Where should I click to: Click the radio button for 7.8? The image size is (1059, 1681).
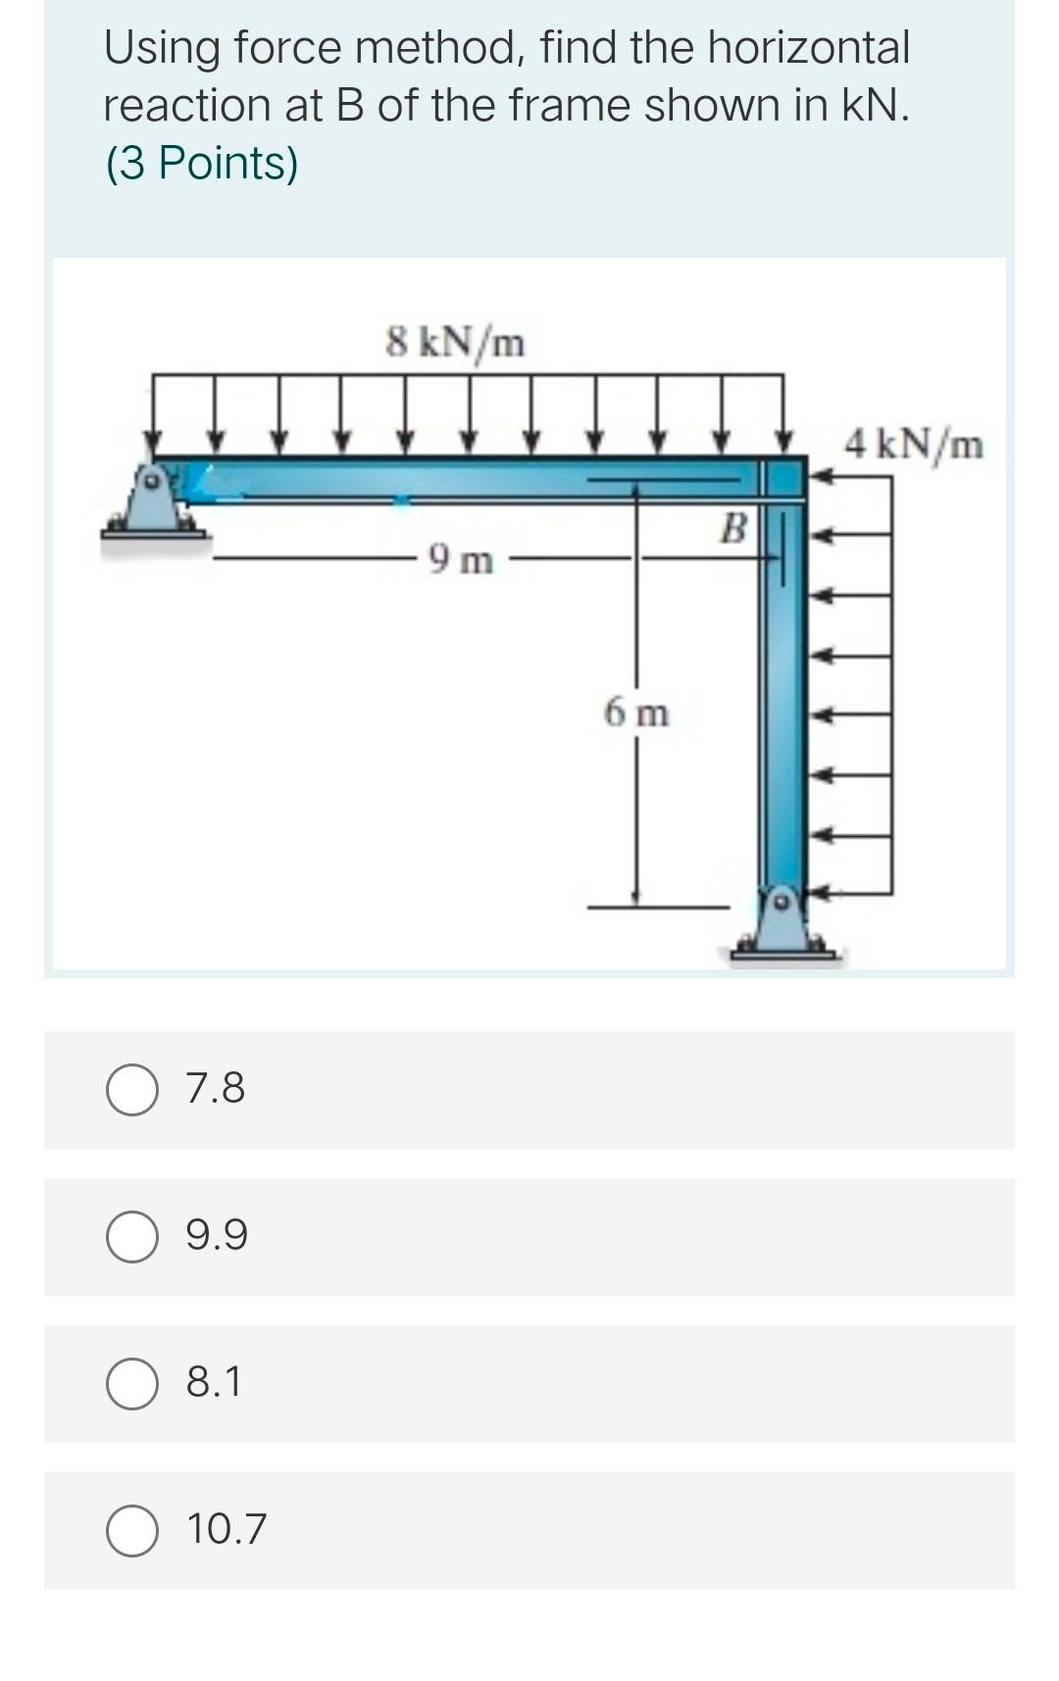132,1090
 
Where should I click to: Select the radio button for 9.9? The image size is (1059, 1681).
132,1236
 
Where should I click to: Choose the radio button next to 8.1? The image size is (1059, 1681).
132,1383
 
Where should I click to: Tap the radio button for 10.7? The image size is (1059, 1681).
132,1530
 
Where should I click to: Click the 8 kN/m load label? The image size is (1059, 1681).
455,343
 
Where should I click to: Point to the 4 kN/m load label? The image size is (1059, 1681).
913,444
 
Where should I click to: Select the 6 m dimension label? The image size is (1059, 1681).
636,713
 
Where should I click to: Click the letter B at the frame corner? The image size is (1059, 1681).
732,528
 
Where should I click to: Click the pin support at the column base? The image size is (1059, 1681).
782,924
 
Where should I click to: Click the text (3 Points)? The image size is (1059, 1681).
201,163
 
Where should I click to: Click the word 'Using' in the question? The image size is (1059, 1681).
161,49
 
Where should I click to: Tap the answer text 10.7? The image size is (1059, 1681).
227,1529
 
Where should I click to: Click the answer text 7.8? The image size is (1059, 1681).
216,1089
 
